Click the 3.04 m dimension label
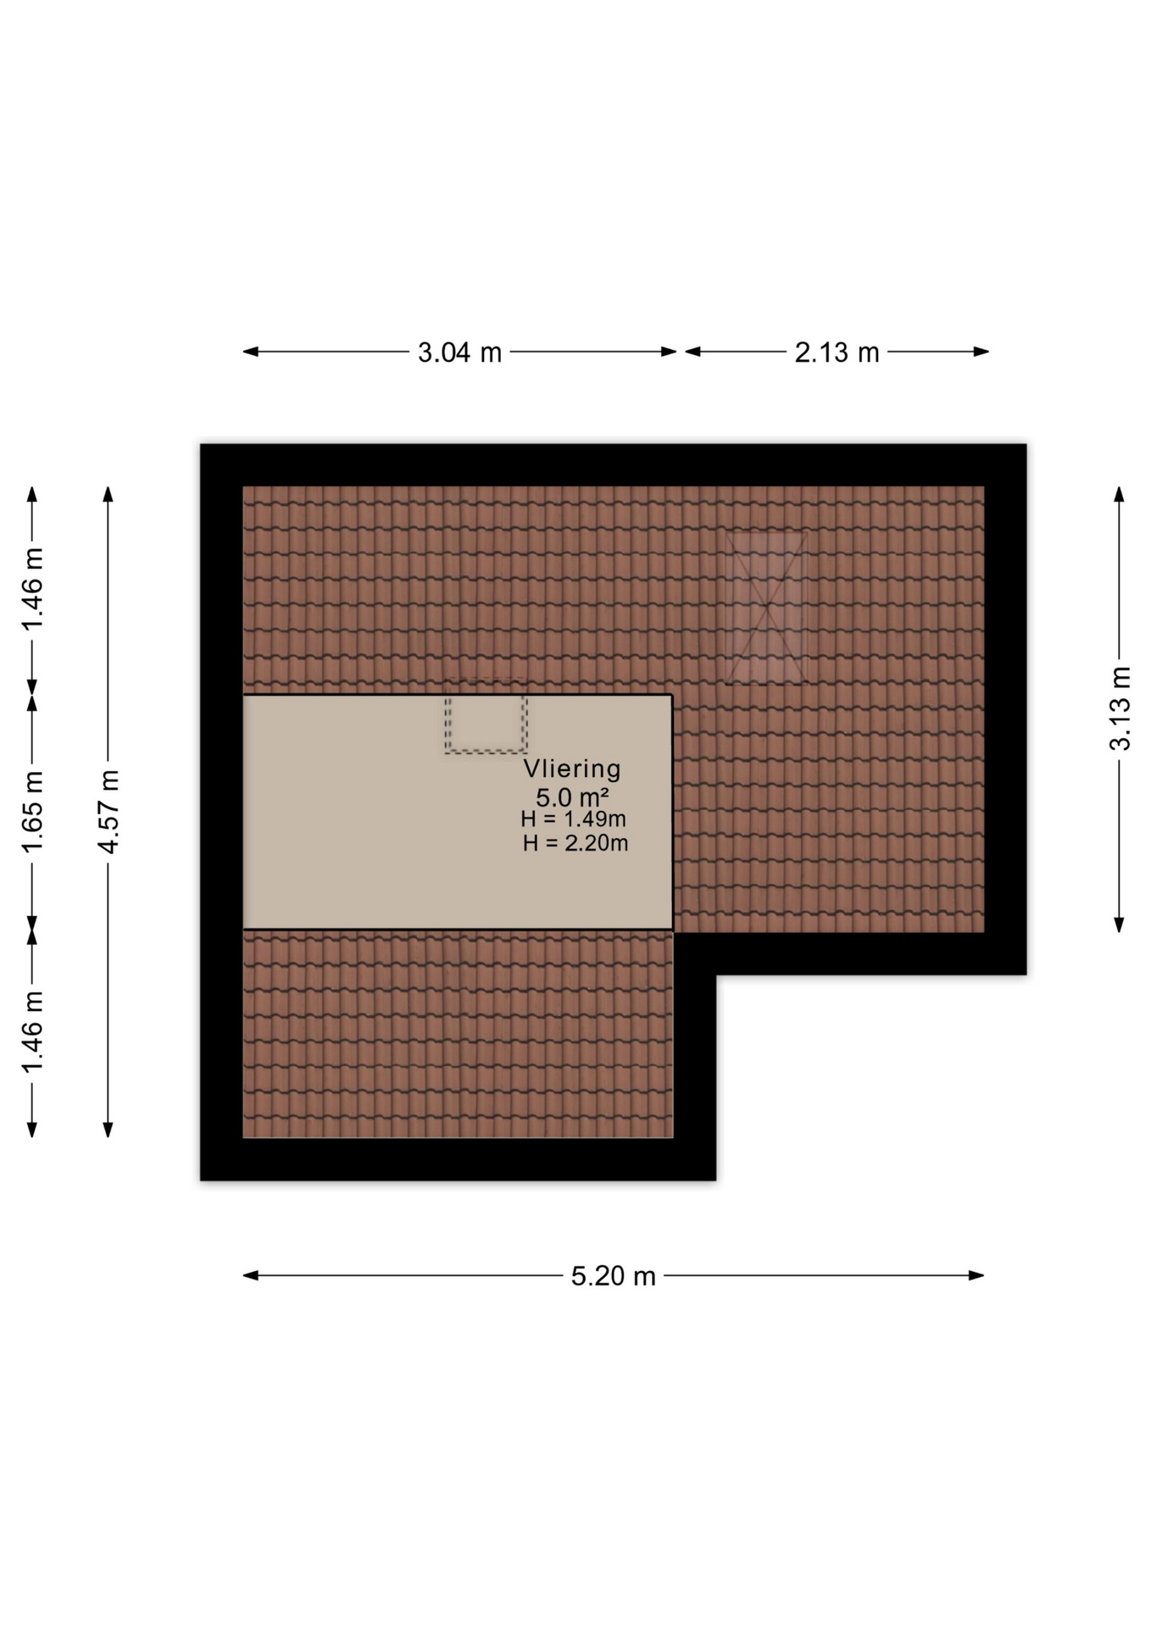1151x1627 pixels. pyautogui.click(x=459, y=353)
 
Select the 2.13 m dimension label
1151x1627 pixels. pyautogui.click(x=837, y=353)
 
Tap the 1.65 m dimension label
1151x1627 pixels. pyautogui.click(x=32, y=813)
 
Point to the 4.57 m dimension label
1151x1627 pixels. pyautogui.click(x=108, y=813)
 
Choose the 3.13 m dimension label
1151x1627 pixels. pyautogui.click(x=1120, y=708)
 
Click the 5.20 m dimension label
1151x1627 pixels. pyautogui.click(x=613, y=1276)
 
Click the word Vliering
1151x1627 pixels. pyautogui.click(x=572, y=769)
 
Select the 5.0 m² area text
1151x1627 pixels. pyautogui.click(x=572, y=797)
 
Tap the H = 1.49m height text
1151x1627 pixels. pyautogui.click(x=574, y=819)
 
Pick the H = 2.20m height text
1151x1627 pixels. pyautogui.click(x=575, y=843)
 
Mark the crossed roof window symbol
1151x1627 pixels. pyautogui.click(x=765, y=607)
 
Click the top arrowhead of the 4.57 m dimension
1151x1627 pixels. pyautogui.click(x=108, y=494)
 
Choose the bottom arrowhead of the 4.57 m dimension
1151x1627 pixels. pyautogui.click(x=108, y=1129)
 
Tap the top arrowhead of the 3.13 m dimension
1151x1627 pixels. pyautogui.click(x=1120, y=494)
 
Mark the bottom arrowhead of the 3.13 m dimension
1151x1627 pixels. pyautogui.click(x=1120, y=925)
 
